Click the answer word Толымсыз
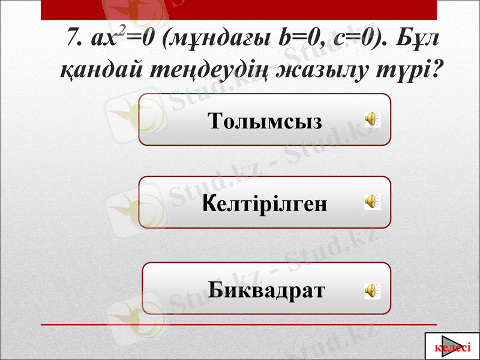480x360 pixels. [x=265, y=121]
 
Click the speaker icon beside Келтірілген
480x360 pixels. [x=371, y=201]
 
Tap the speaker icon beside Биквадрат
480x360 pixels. [x=371, y=290]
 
